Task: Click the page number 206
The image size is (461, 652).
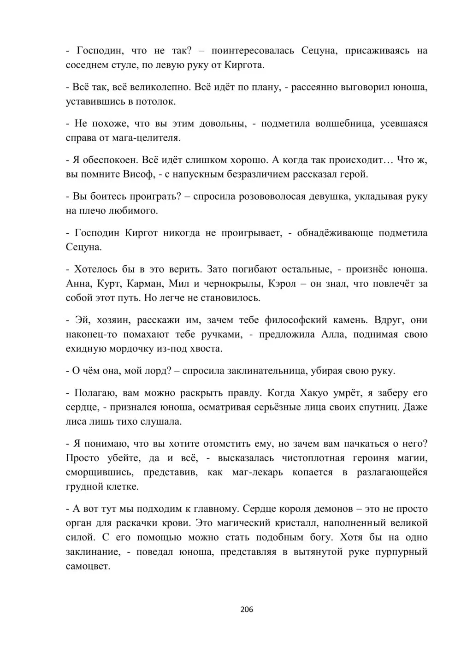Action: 247,609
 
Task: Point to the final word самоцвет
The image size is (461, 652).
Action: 87,566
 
